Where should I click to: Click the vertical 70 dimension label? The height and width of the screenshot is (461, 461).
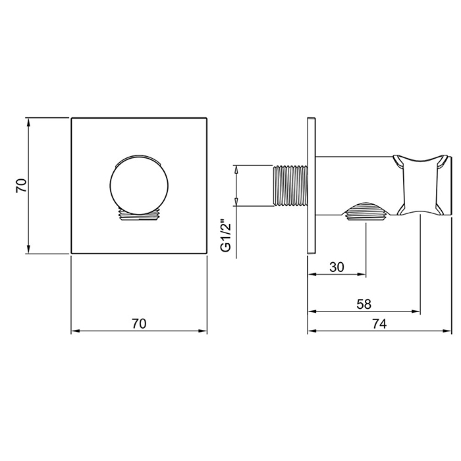(22, 186)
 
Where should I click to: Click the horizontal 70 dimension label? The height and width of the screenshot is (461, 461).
(139, 323)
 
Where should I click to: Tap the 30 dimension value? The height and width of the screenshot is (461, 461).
(337, 267)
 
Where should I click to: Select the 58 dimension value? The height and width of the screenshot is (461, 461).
(364, 304)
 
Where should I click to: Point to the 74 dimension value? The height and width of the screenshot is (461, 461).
(379, 323)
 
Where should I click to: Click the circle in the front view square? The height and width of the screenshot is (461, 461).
(140, 184)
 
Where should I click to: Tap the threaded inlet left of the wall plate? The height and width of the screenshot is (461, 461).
(290, 186)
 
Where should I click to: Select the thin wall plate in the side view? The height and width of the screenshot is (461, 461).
(312, 186)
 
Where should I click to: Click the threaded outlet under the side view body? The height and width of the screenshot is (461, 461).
(366, 211)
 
